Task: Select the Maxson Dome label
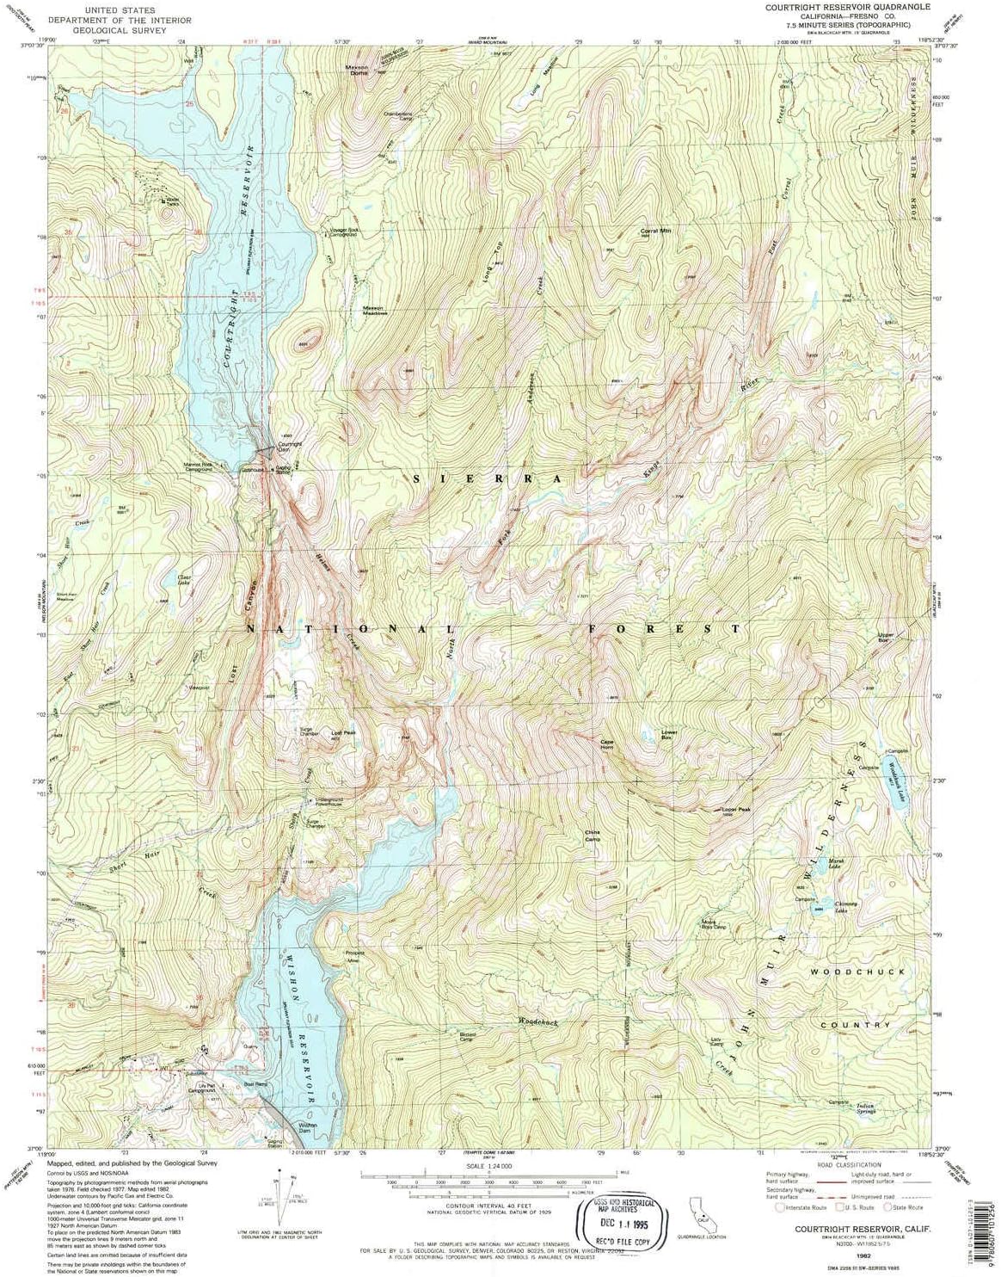tap(357, 70)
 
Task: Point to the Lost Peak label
tap(343, 734)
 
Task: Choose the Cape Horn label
tap(607, 744)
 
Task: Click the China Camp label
tap(593, 835)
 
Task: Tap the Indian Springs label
tap(864, 1109)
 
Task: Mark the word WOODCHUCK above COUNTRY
tap(857, 972)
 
